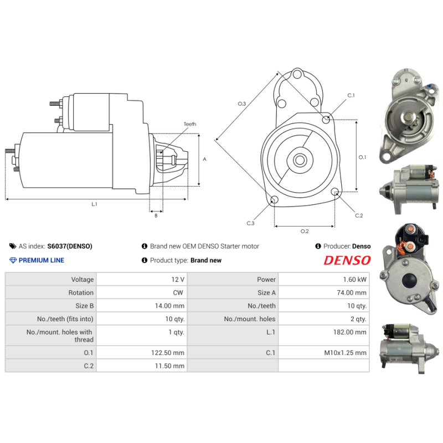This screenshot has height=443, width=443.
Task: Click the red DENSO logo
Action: click(347, 260)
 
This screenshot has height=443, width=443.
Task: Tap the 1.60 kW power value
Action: click(354, 280)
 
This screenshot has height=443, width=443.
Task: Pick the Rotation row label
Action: click(81, 292)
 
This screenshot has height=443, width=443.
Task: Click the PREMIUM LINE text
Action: click(42, 260)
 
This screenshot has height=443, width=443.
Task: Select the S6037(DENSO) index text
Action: click(70, 246)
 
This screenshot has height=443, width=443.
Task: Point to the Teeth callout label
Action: click(190, 124)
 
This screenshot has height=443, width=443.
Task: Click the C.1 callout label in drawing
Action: click(351, 96)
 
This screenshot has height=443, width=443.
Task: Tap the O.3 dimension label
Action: click(241, 104)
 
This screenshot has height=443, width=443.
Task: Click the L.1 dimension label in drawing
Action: click(94, 204)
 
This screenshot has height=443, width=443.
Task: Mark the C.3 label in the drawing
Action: click(250, 223)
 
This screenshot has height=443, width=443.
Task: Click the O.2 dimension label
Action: click(304, 231)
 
